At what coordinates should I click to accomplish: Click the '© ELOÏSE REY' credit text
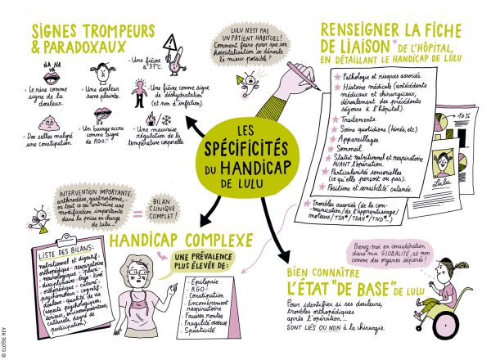click(5, 335)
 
